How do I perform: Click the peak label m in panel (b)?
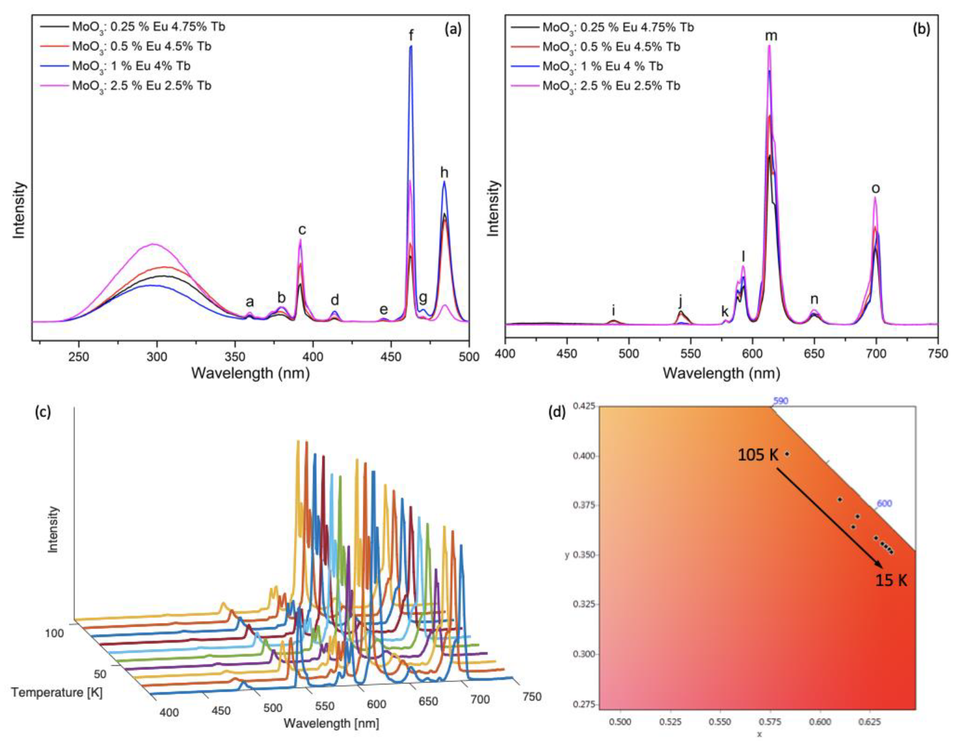coord(771,36)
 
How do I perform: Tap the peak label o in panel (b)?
coord(875,188)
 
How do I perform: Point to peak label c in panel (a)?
coord(302,229)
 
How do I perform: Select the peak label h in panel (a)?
coord(444,173)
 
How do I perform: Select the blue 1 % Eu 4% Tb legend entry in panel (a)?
coord(131,66)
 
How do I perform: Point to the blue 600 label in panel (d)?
coord(884,503)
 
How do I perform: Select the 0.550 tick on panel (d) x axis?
coord(720,721)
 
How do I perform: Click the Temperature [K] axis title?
coord(57,692)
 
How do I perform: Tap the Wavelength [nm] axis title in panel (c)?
coord(331,723)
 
